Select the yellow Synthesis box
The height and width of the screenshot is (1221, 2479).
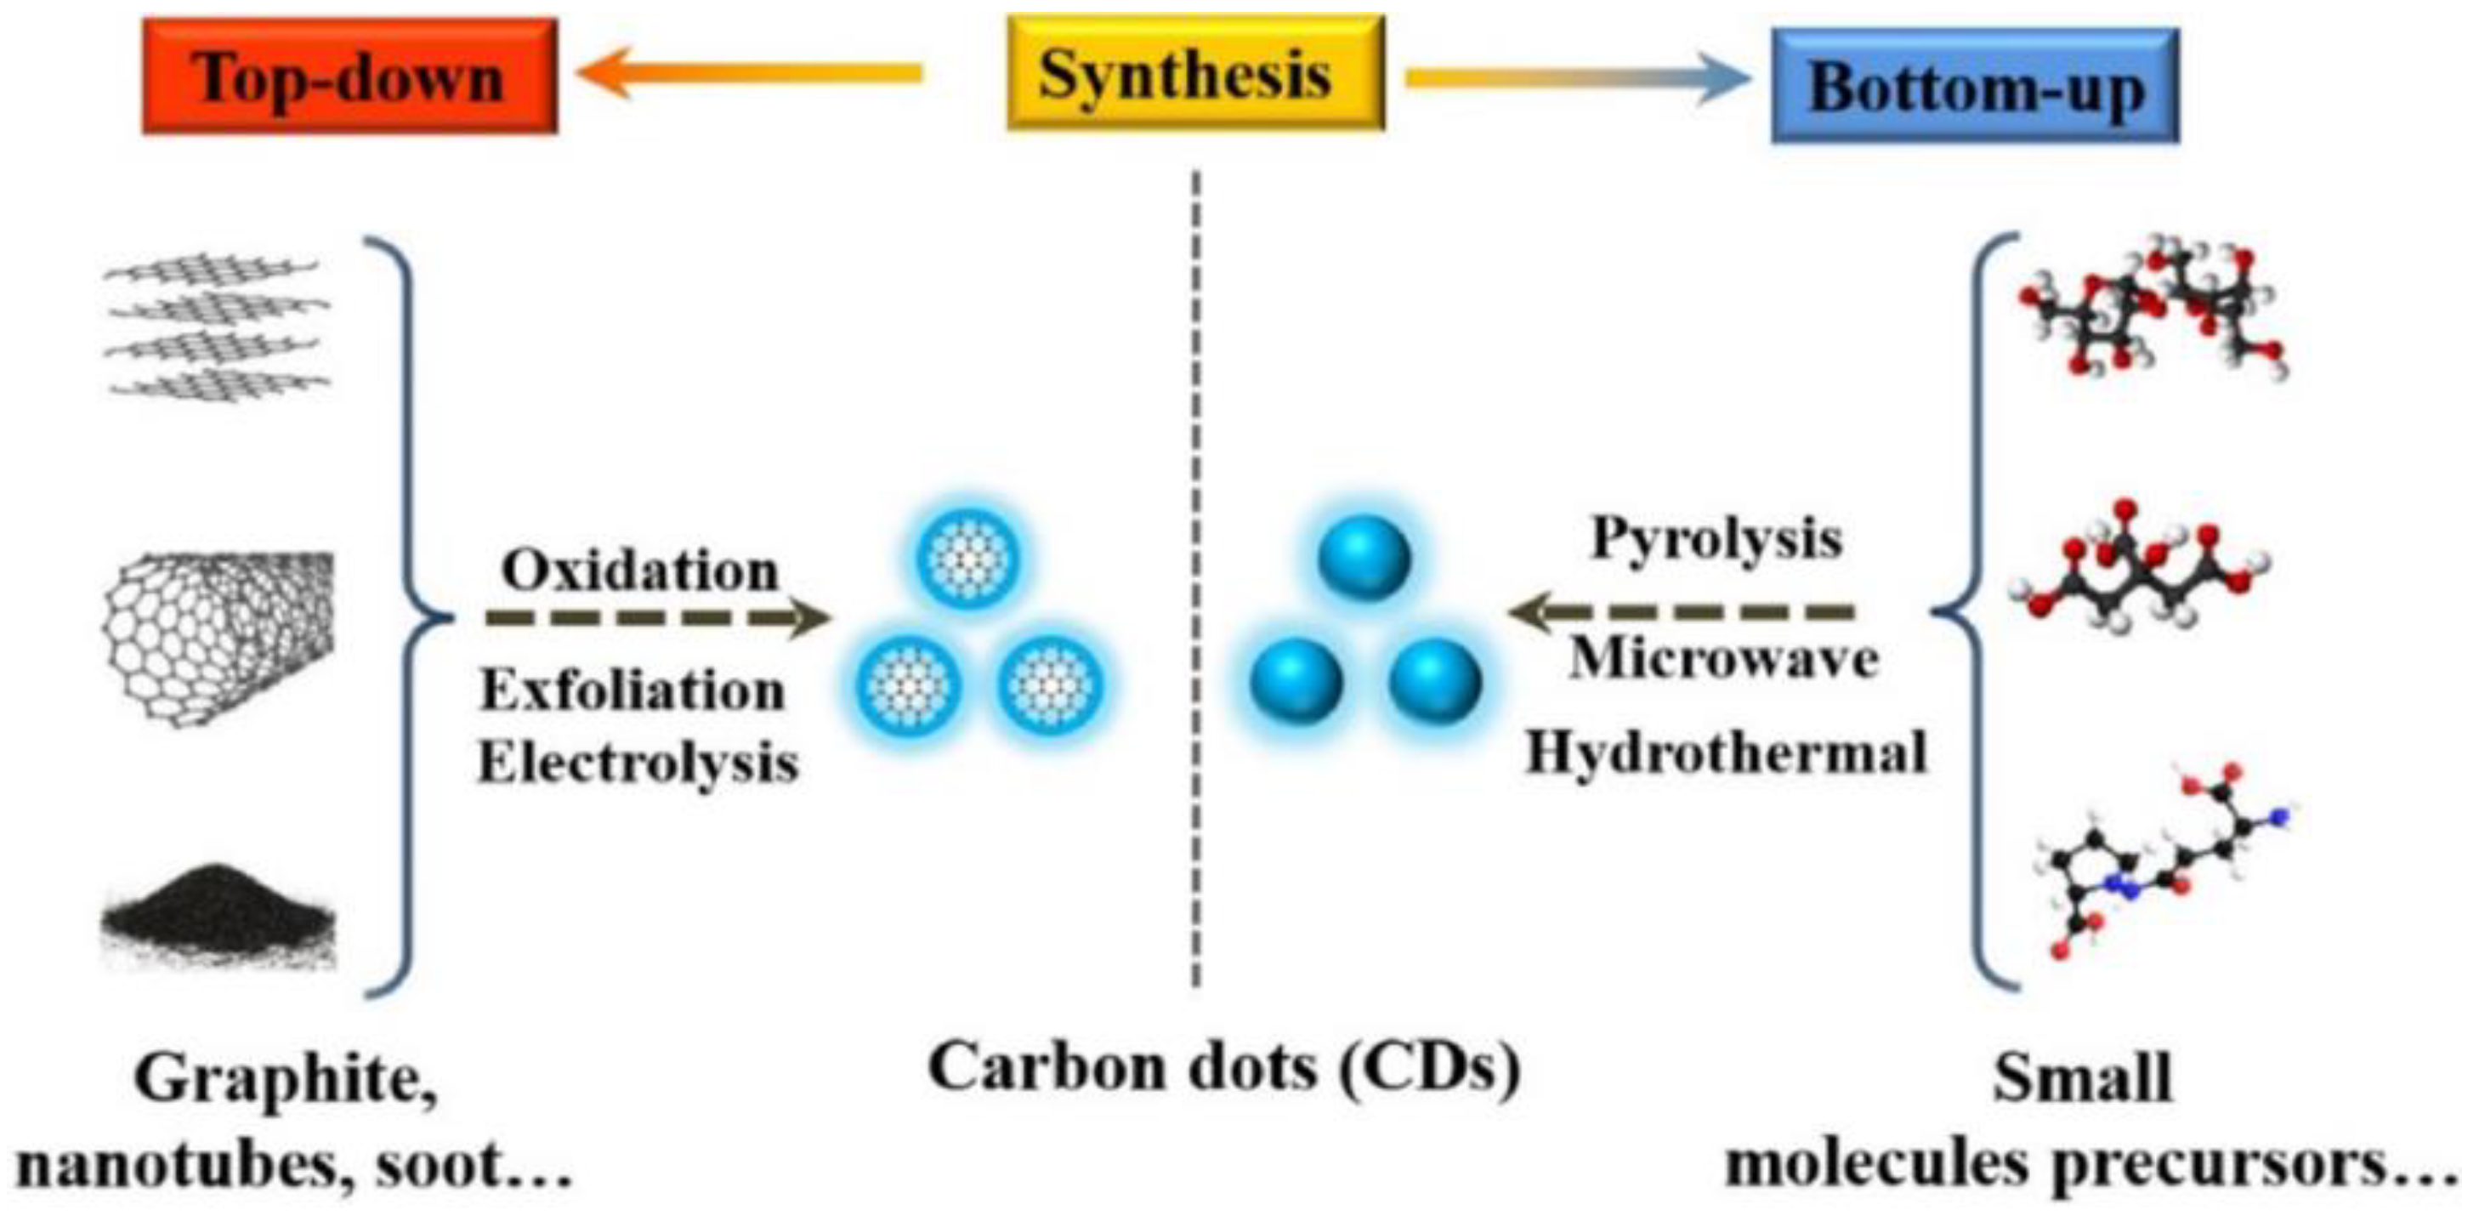coord(1194,73)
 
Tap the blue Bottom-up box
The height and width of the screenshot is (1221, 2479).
coord(1975,87)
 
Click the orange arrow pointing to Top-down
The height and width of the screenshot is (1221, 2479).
coord(750,73)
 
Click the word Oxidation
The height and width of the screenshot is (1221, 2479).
coord(640,571)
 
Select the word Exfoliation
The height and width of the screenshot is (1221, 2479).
coord(633,690)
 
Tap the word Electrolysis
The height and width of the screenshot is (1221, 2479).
coord(638,763)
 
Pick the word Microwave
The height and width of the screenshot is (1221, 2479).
coord(1723,660)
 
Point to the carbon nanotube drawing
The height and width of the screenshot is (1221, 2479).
coord(218,636)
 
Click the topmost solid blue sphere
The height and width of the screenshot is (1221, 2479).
coord(1364,558)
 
